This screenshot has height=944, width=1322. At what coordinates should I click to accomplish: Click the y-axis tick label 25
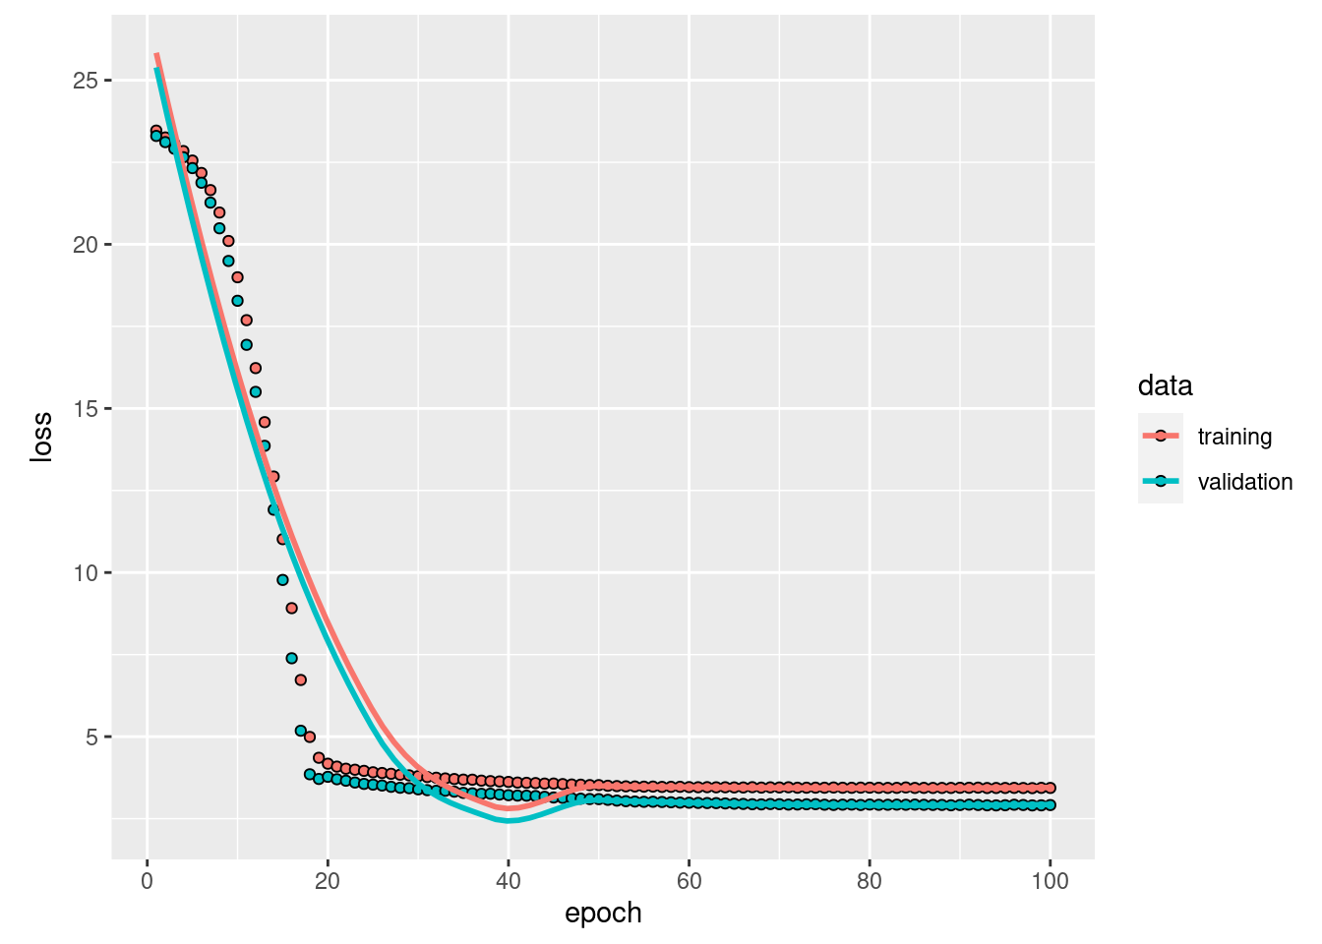85,81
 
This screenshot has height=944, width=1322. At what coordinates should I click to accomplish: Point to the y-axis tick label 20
85,245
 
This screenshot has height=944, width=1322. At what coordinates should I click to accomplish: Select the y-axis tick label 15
85,409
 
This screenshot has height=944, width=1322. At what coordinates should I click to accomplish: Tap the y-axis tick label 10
85,573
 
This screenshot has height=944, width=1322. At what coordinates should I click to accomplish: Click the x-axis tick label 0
148,881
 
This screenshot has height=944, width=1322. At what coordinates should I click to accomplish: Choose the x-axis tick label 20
328,881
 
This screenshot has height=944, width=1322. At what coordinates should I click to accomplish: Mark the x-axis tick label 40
509,881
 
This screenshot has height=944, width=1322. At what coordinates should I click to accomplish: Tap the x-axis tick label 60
689,881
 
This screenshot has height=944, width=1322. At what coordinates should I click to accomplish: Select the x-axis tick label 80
870,881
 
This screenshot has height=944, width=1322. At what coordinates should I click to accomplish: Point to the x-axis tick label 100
1050,881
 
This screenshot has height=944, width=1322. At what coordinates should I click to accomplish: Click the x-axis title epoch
603,914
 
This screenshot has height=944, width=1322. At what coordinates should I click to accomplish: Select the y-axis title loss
41,438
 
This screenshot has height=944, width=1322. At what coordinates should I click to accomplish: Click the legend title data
1165,385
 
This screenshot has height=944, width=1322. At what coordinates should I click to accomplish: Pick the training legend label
1234,437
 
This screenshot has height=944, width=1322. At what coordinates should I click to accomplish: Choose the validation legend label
1244,482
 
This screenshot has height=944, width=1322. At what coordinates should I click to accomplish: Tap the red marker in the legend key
1161,436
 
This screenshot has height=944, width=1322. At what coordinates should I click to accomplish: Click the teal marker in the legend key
1161,481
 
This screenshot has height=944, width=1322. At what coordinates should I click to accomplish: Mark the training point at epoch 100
1050,788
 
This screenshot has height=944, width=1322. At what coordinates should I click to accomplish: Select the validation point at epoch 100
1050,804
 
